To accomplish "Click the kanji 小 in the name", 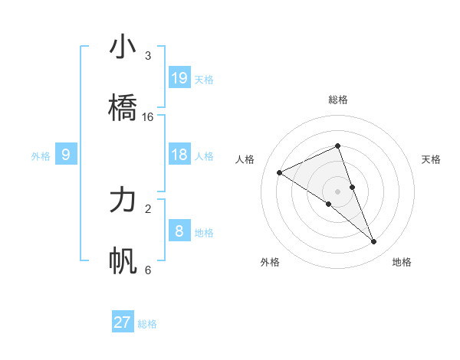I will point(123,47).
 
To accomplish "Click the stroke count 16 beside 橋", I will point(148,116).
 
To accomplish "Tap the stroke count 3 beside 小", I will point(148,56).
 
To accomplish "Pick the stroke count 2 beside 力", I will point(148,208).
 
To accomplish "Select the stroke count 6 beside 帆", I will point(148,270).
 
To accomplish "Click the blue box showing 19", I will point(179,78).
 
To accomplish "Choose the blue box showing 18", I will point(179,155).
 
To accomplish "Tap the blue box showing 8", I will point(179,231).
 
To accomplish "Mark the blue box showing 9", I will point(66,155).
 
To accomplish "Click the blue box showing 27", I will point(123,322).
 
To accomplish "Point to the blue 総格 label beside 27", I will point(147,324).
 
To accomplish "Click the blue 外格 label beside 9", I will point(41,156).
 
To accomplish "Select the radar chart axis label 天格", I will point(432,159).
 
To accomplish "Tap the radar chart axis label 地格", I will point(402,262).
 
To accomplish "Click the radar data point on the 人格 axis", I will point(280,172).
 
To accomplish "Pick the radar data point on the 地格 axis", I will point(374,241).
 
